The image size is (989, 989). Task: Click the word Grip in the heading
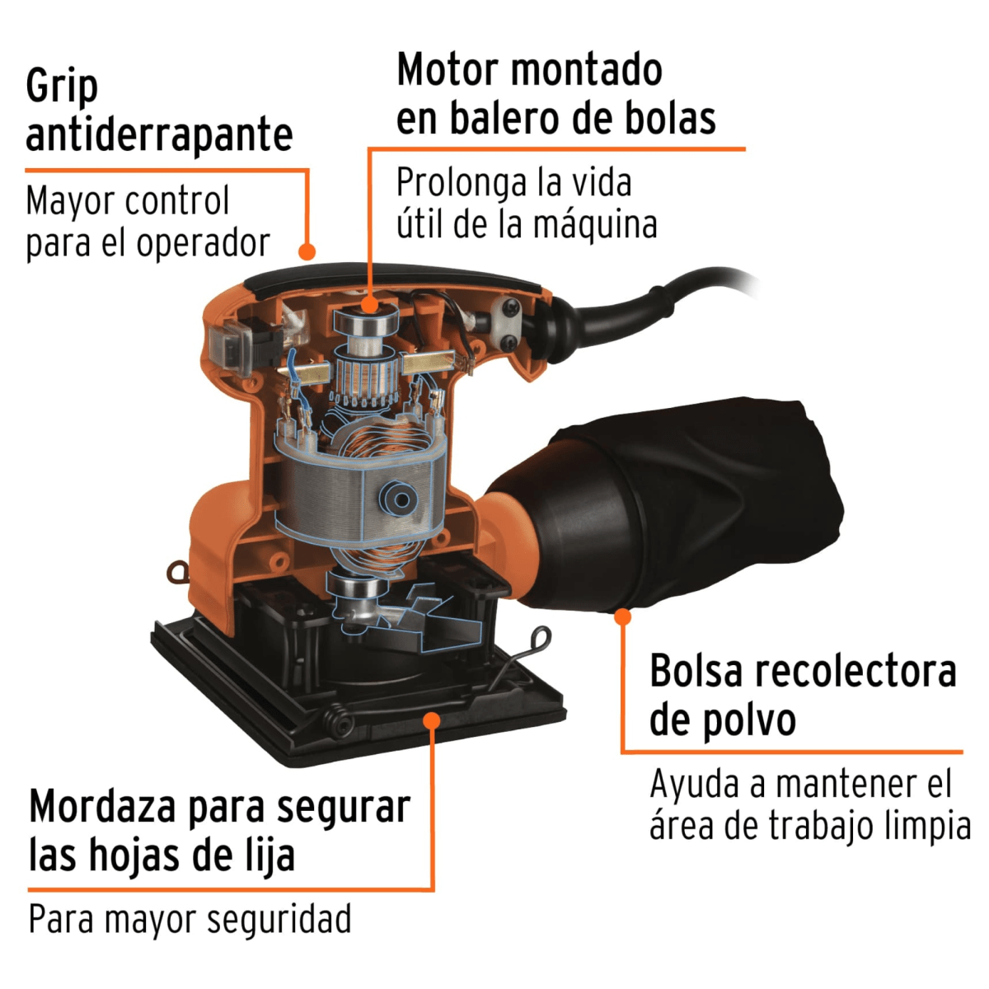point(62,87)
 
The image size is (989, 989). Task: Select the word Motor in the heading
point(448,70)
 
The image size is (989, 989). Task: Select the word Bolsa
point(696,672)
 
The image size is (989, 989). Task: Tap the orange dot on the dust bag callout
point(623,616)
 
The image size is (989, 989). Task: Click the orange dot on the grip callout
point(307,251)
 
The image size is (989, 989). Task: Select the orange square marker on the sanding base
point(431,719)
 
